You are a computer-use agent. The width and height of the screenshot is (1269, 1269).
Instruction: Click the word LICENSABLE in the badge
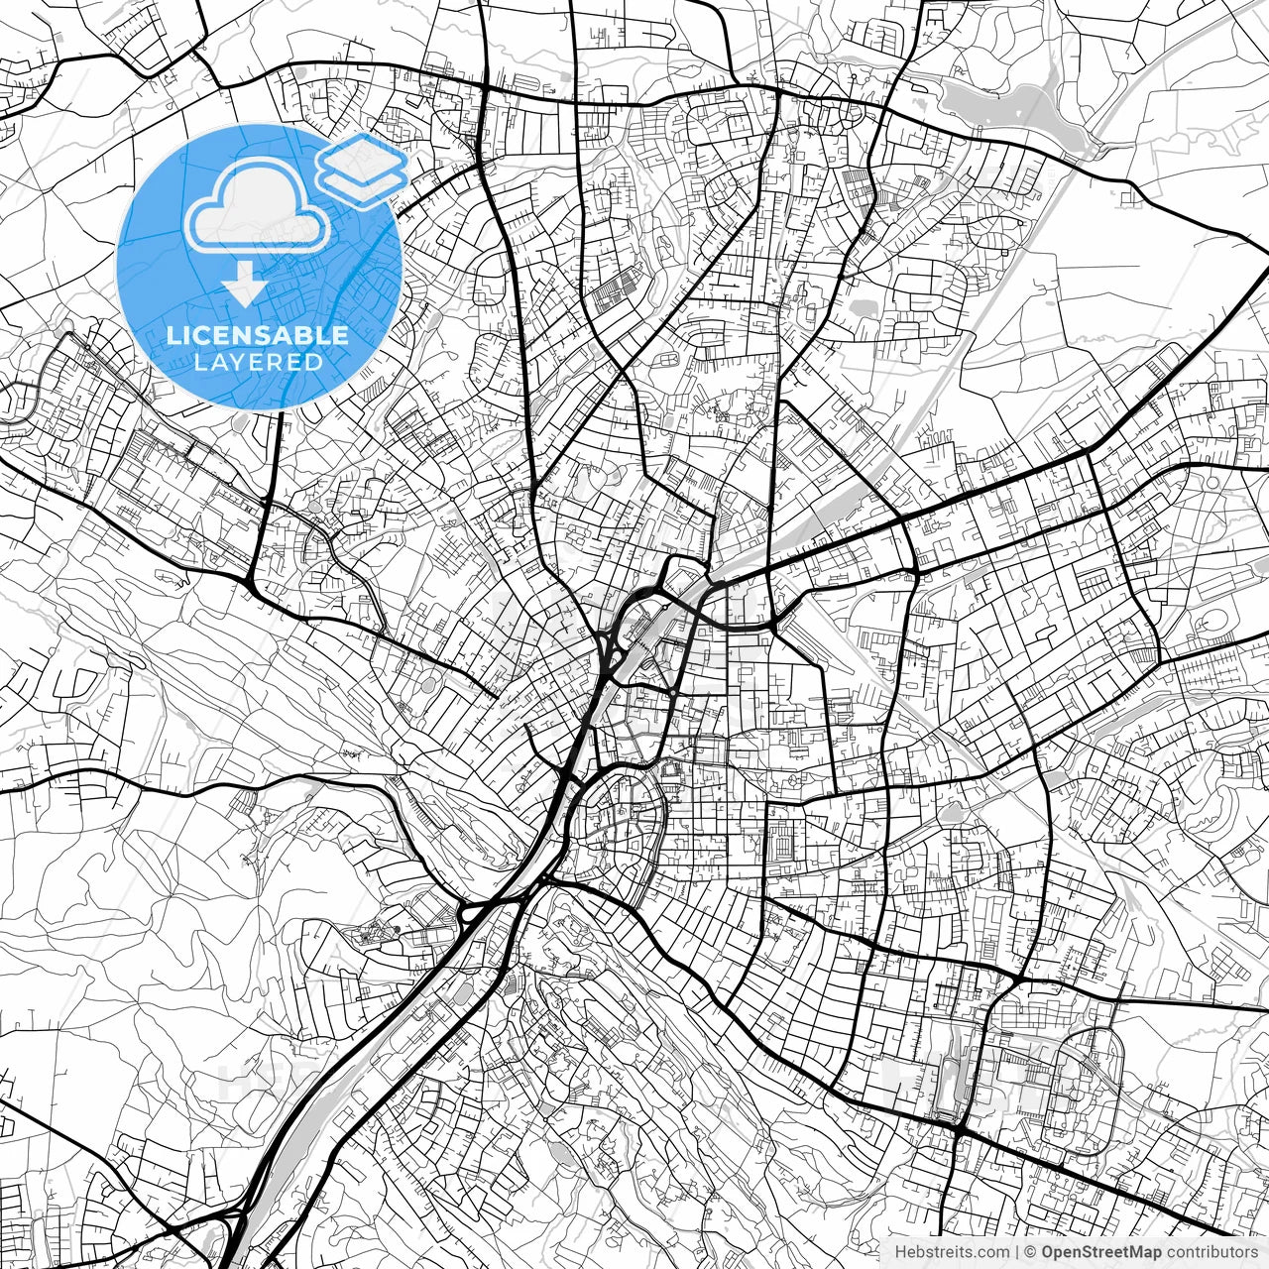point(258,335)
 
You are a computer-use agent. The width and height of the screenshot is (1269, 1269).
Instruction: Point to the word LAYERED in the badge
point(258,363)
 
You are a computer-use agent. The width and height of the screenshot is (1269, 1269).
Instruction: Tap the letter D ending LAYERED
point(313,363)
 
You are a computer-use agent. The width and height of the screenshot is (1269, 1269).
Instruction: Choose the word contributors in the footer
point(1211,1252)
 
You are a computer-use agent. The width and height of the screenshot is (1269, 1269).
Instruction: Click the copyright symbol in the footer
point(1030,1252)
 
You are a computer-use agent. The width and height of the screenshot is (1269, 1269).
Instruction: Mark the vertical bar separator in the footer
point(1017,1252)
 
